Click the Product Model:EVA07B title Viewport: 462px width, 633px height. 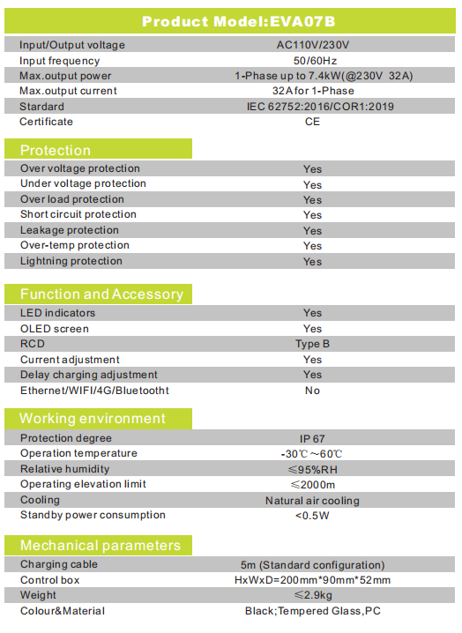click(239, 21)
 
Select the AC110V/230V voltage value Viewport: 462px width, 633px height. click(313, 45)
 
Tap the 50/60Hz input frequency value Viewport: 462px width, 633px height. click(315, 61)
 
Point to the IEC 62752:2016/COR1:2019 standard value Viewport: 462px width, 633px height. click(320, 107)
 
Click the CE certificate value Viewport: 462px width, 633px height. click(312, 122)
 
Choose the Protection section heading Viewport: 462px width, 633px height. click(56, 150)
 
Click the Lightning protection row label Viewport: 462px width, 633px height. click(71, 261)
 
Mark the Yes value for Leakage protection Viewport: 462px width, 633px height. click(313, 231)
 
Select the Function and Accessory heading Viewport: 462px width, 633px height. click(101, 294)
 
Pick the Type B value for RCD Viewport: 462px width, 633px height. click(313, 344)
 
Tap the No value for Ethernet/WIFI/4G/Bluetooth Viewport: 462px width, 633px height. click(313, 391)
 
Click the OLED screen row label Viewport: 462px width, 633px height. click(55, 329)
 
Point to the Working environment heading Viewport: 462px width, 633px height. click(93, 418)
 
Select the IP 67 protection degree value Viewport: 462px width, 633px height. click(312, 439)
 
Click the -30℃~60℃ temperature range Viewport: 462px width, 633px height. click(312, 454)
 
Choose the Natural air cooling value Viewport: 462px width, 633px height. click(312, 501)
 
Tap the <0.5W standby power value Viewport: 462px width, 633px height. click(312, 516)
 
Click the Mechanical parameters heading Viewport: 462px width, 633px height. click(101, 545)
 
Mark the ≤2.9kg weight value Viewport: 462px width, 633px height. click(313, 594)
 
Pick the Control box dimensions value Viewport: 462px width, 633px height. click(313, 580)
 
